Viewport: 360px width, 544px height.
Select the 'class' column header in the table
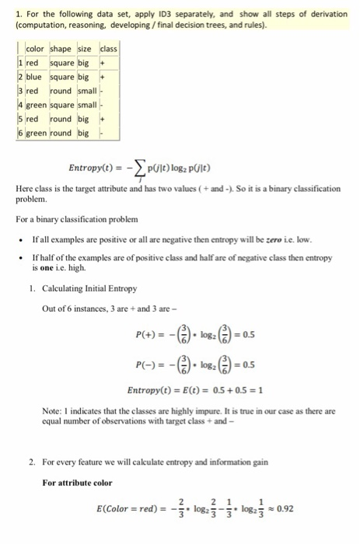(x=107, y=51)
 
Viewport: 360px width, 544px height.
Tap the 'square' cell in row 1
(x=63, y=65)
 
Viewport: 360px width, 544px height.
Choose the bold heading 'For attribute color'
(x=77, y=483)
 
